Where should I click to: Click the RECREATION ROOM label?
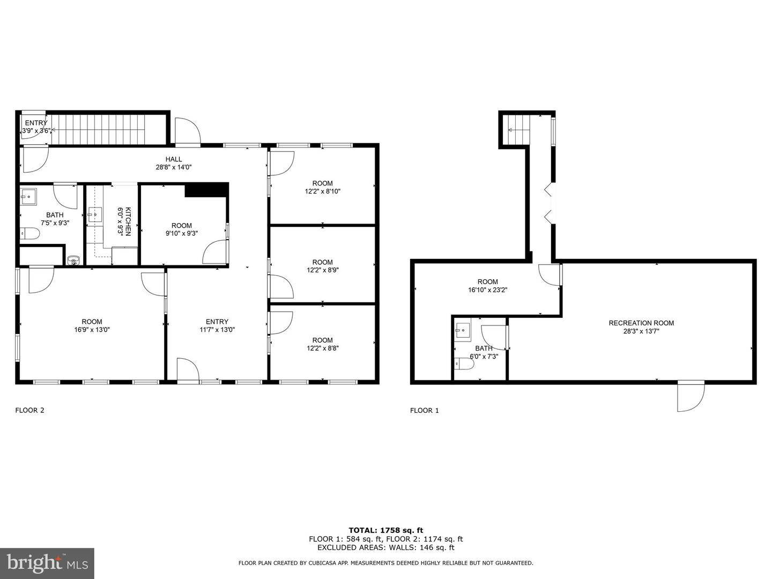coord(641,323)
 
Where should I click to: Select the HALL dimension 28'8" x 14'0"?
coord(173,167)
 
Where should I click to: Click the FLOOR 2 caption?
coord(29,411)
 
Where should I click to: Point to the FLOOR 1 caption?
coord(424,411)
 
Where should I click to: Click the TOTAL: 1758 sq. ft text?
coord(385,530)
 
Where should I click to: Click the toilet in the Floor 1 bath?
coord(464,364)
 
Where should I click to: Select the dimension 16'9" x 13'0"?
coord(92,330)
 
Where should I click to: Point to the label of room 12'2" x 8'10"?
coord(322,183)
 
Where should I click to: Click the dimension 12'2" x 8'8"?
coord(322,348)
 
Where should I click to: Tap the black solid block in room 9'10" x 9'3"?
coord(206,190)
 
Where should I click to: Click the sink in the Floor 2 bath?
coord(28,197)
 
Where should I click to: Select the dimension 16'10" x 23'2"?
coord(487,290)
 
